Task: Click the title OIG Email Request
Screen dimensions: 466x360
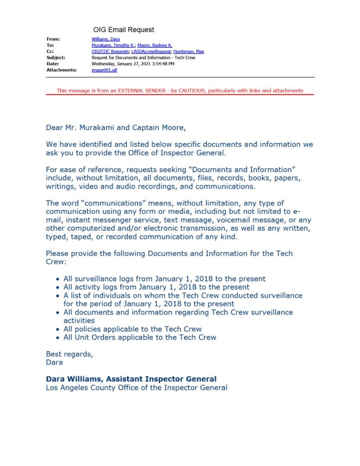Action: tap(123, 30)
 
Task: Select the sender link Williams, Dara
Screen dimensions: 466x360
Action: tap(106, 39)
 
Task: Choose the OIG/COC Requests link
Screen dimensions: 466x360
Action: tap(110, 52)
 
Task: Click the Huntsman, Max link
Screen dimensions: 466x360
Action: tap(189, 52)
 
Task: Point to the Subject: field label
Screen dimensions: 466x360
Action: tap(56, 58)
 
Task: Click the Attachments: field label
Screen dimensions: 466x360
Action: tap(61, 71)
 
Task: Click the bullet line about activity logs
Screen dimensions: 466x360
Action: tap(156, 287)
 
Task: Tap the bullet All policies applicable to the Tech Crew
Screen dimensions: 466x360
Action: tap(132, 329)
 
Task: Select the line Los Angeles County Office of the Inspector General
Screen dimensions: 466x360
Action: tap(137, 388)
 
